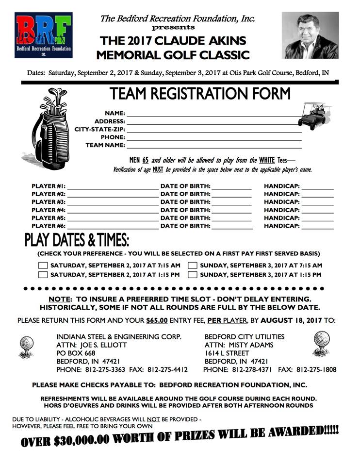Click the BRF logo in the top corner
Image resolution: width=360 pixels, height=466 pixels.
coord(44,35)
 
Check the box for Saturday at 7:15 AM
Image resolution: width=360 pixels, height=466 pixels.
coord(43,266)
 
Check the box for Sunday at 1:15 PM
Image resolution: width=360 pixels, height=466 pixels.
coord(192,274)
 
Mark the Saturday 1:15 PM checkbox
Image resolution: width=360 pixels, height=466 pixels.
coord(43,274)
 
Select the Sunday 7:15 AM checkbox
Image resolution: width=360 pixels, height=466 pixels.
coord(192,266)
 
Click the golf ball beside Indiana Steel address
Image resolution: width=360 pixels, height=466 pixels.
coord(27,347)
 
